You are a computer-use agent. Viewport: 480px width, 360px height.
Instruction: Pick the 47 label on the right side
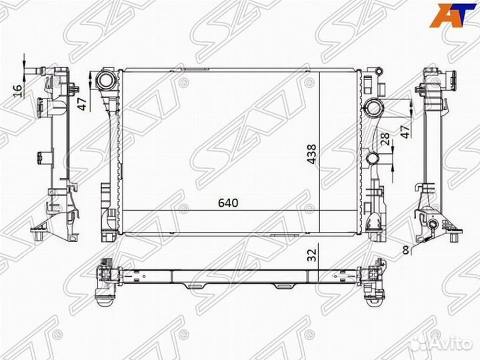405,130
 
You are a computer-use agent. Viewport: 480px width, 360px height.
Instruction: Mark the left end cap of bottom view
106,280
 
